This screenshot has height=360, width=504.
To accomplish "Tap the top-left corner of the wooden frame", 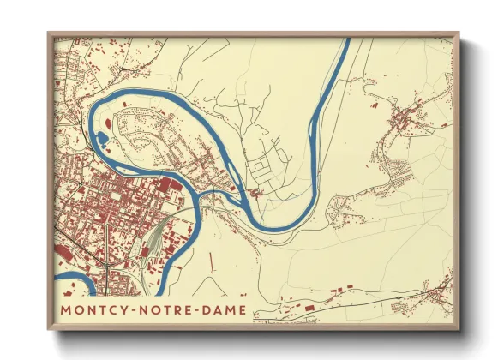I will point(48,33).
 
